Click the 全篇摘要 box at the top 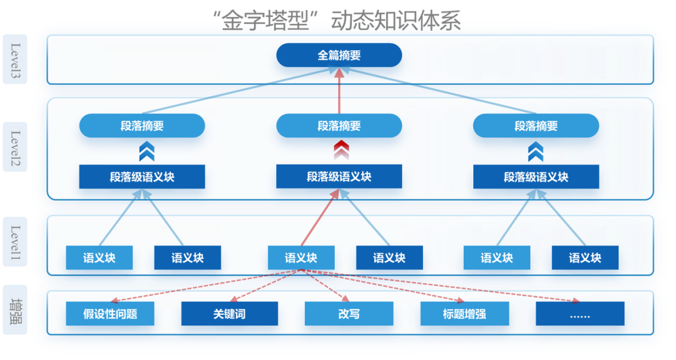pyautogui.click(x=339, y=55)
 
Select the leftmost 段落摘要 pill pyautogui.click(x=142, y=126)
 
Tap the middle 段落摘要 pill pyautogui.click(x=339, y=126)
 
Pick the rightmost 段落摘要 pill pyautogui.click(x=536, y=126)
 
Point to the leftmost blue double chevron pyautogui.click(x=146, y=151)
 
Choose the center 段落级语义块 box pyautogui.click(x=339, y=177)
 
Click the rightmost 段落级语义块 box pyautogui.click(x=536, y=177)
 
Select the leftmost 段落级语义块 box pyautogui.click(x=142, y=177)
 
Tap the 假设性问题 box pyautogui.click(x=110, y=314)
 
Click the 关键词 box pyautogui.click(x=229, y=314)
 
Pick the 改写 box pyautogui.click(x=349, y=314)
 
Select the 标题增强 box pyautogui.click(x=464, y=314)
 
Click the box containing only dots pyautogui.click(x=580, y=314)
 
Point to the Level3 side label pyautogui.click(x=15, y=59)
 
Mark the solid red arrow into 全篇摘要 pyautogui.click(x=339, y=91)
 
